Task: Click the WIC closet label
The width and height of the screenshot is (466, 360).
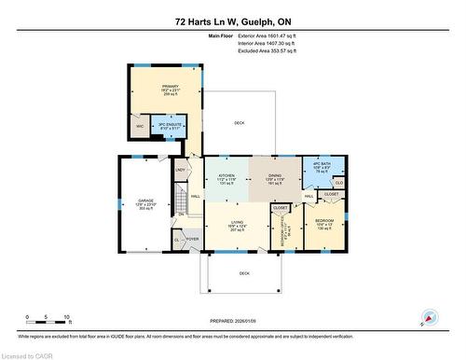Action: [x=140, y=126]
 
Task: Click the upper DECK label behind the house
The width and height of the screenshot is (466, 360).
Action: [x=239, y=121]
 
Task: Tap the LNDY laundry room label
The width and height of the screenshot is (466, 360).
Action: [x=180, y=170]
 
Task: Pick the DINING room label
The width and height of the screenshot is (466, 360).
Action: [x=274, y=174]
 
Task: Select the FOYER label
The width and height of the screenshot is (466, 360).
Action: [x=193, y=240]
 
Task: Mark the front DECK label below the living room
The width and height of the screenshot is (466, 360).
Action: [x=244, y=273]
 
